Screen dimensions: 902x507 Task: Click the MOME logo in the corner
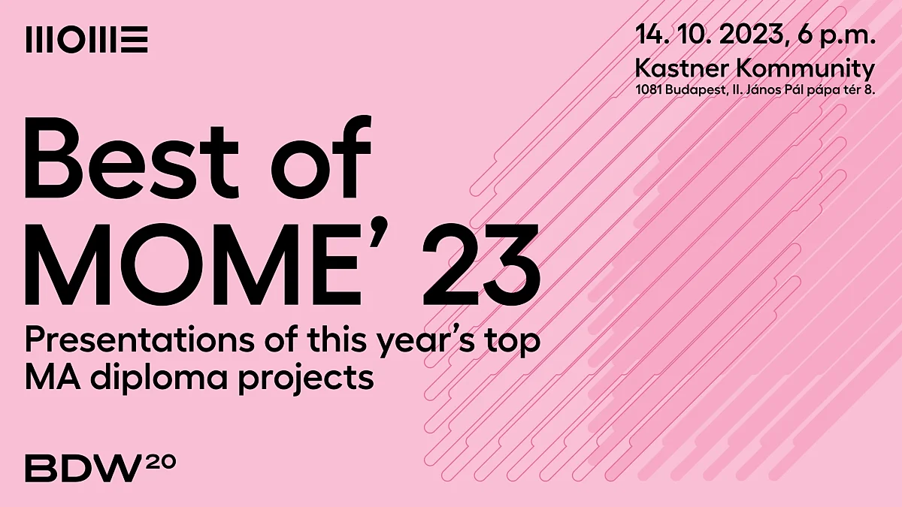pos(86,39)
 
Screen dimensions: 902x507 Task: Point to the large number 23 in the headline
pos(481,264)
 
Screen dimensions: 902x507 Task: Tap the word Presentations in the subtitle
pos(139,340)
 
